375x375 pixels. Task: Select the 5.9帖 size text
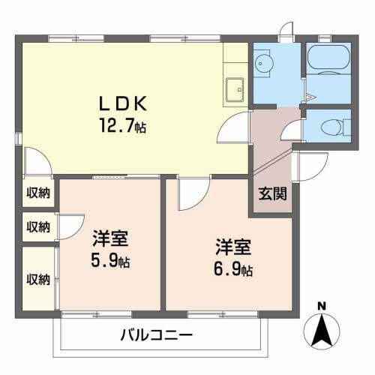(111, 262)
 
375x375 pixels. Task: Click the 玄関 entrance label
(272, 193)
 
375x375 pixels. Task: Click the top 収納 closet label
(39, 193)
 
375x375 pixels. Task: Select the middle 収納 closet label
(39, 226)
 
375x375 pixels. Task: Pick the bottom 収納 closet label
(39, 280)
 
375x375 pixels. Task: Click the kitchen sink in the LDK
(235, 88)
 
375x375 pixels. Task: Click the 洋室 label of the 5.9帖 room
(111, 241)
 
